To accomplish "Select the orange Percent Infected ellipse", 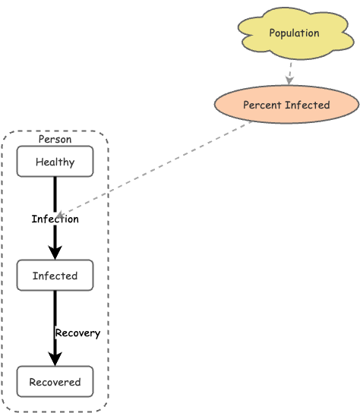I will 286,105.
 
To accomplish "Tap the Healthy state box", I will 55,162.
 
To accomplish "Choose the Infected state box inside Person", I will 55,276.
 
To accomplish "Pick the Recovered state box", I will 55,382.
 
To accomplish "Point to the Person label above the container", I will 55,140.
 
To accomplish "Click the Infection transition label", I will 55,219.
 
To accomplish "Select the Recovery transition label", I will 77,333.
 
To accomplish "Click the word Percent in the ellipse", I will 261,105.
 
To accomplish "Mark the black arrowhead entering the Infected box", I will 55,253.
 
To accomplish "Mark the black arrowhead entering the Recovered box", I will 55,359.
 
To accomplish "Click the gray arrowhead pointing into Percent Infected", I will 289,80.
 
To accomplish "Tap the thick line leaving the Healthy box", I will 55,193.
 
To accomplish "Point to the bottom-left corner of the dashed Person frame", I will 4,410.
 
